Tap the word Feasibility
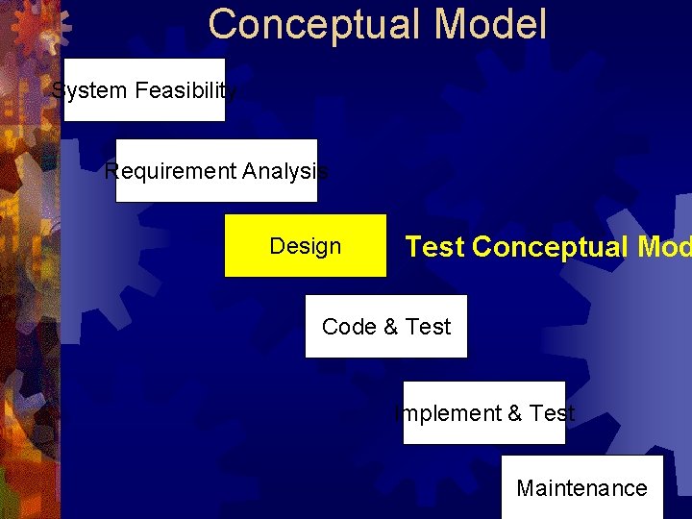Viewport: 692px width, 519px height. coord(185,90)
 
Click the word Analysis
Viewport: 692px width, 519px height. coord(284,171)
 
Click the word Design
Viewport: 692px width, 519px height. coord(305,246)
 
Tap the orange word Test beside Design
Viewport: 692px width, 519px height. coord(434,247)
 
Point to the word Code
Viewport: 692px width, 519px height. coord(349,327)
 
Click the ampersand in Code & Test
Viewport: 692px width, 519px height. coord(390,327)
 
